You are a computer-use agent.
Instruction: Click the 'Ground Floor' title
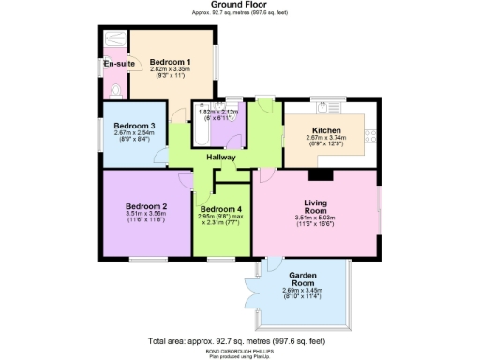click(239, 5)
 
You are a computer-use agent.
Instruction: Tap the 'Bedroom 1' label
click(170, 61)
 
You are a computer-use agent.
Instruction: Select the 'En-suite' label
click(116, 64)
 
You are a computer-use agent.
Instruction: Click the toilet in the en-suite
click(113, 91)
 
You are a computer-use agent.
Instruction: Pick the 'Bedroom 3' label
click(134, 126)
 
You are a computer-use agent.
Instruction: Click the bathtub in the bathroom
click(202, 134)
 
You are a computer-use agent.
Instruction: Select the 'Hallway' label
click(221, 157)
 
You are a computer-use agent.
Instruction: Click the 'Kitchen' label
click(326, 130)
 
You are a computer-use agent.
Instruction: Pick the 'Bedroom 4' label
click(220, 208)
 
